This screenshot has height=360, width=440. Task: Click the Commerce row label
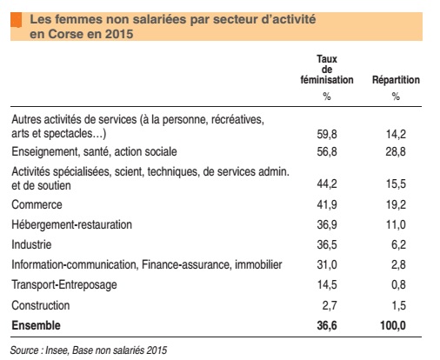coord(37,204)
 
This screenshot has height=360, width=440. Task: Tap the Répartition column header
coord(396,80)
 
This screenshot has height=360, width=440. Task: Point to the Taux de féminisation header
coord(326,70)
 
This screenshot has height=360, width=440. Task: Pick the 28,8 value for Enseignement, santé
coord(396,152)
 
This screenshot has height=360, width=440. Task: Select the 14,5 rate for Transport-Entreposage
coord(326,284)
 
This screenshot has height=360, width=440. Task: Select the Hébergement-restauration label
coord(71,224)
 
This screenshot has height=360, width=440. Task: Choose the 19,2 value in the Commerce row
coord(396,204)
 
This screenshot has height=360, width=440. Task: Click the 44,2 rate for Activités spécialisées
coord(326,184)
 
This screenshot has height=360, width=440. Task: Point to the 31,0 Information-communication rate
coord(326,264)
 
